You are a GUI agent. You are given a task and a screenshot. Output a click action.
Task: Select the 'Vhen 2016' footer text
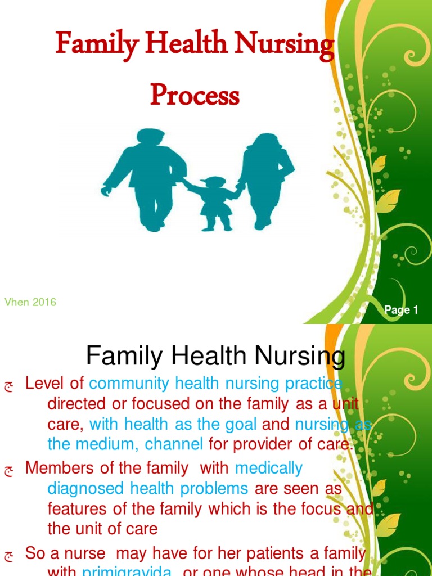point(30,303)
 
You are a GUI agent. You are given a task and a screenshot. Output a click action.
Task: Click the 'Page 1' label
point(402,310)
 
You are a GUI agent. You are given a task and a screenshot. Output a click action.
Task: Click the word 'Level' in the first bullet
point(46,384)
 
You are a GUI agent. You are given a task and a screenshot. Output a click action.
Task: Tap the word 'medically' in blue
point(269,467)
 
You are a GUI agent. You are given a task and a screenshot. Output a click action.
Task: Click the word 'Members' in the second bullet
point(58,467)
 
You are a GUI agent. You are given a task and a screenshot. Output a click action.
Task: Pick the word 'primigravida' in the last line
point(127,571)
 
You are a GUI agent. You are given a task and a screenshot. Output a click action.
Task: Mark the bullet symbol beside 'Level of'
point(8,385)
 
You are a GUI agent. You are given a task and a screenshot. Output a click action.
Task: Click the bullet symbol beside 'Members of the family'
point(8,469)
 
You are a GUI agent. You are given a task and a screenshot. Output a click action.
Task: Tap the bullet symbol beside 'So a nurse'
point(8,556)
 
